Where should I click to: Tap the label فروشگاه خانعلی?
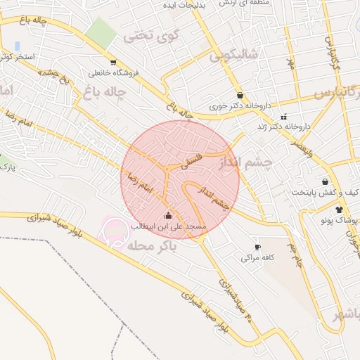tap(113, 72)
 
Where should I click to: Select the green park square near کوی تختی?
tap(103, 32)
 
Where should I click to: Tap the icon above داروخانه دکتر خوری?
tap(240, 95)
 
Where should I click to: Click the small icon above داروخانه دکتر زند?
tap(283, 117)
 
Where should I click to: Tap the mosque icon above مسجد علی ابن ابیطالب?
tap(167, 216)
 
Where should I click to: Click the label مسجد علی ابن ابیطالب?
tap(168, 226)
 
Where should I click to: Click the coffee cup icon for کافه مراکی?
tap(257, 247)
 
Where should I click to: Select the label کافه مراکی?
tap(257, 258)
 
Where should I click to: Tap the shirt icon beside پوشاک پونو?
tap(339, 210)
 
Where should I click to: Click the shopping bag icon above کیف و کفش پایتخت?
tap(324, 181)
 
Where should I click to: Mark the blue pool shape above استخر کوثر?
tap(16, 46)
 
